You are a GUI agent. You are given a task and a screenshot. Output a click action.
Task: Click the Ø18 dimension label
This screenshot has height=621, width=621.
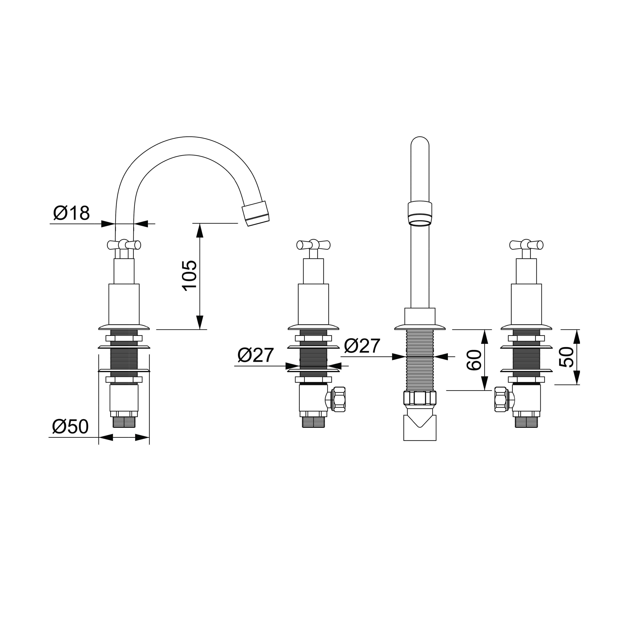pos(71,212)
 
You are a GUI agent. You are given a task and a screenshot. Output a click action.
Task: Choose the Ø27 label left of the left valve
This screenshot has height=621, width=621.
pos(256,355)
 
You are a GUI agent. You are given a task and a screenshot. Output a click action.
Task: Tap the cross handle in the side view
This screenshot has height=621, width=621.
pos(124,245)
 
